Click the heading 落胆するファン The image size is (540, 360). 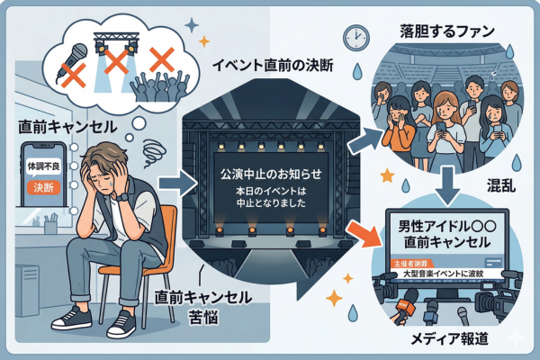coord(446,31)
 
